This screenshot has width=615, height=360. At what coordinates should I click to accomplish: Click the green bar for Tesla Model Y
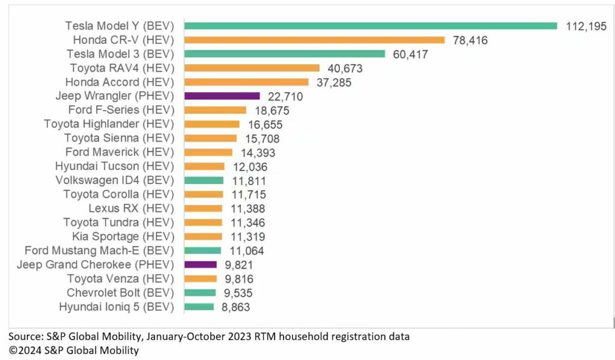coord(371,26)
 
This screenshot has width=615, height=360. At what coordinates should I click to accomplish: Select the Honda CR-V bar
coord(314,40)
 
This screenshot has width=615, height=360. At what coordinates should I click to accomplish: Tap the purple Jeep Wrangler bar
coord(222,96)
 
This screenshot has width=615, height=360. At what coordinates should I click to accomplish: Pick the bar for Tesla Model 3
coord(284,53)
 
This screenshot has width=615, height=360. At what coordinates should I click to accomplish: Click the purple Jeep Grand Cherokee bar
coord(200,264)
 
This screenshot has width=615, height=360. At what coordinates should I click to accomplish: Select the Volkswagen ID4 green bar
coord(204,180)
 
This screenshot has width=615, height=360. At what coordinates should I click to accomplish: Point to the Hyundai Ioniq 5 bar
coord(199,307)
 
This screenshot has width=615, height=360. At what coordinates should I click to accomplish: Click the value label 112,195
coord(586,26)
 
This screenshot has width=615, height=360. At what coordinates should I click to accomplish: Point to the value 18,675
coord(269,111)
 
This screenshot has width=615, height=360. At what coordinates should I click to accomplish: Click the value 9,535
coord(238,293)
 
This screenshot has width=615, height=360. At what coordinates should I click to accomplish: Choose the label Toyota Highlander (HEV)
coord(109,124)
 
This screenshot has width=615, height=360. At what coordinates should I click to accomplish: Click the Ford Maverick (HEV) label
coord(120,152)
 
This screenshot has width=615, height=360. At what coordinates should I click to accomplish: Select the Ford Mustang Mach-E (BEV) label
coord(99,251)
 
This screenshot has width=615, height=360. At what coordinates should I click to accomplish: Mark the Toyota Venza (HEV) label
coord(120,279)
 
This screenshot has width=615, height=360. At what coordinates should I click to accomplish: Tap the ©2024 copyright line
coord(73,350)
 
